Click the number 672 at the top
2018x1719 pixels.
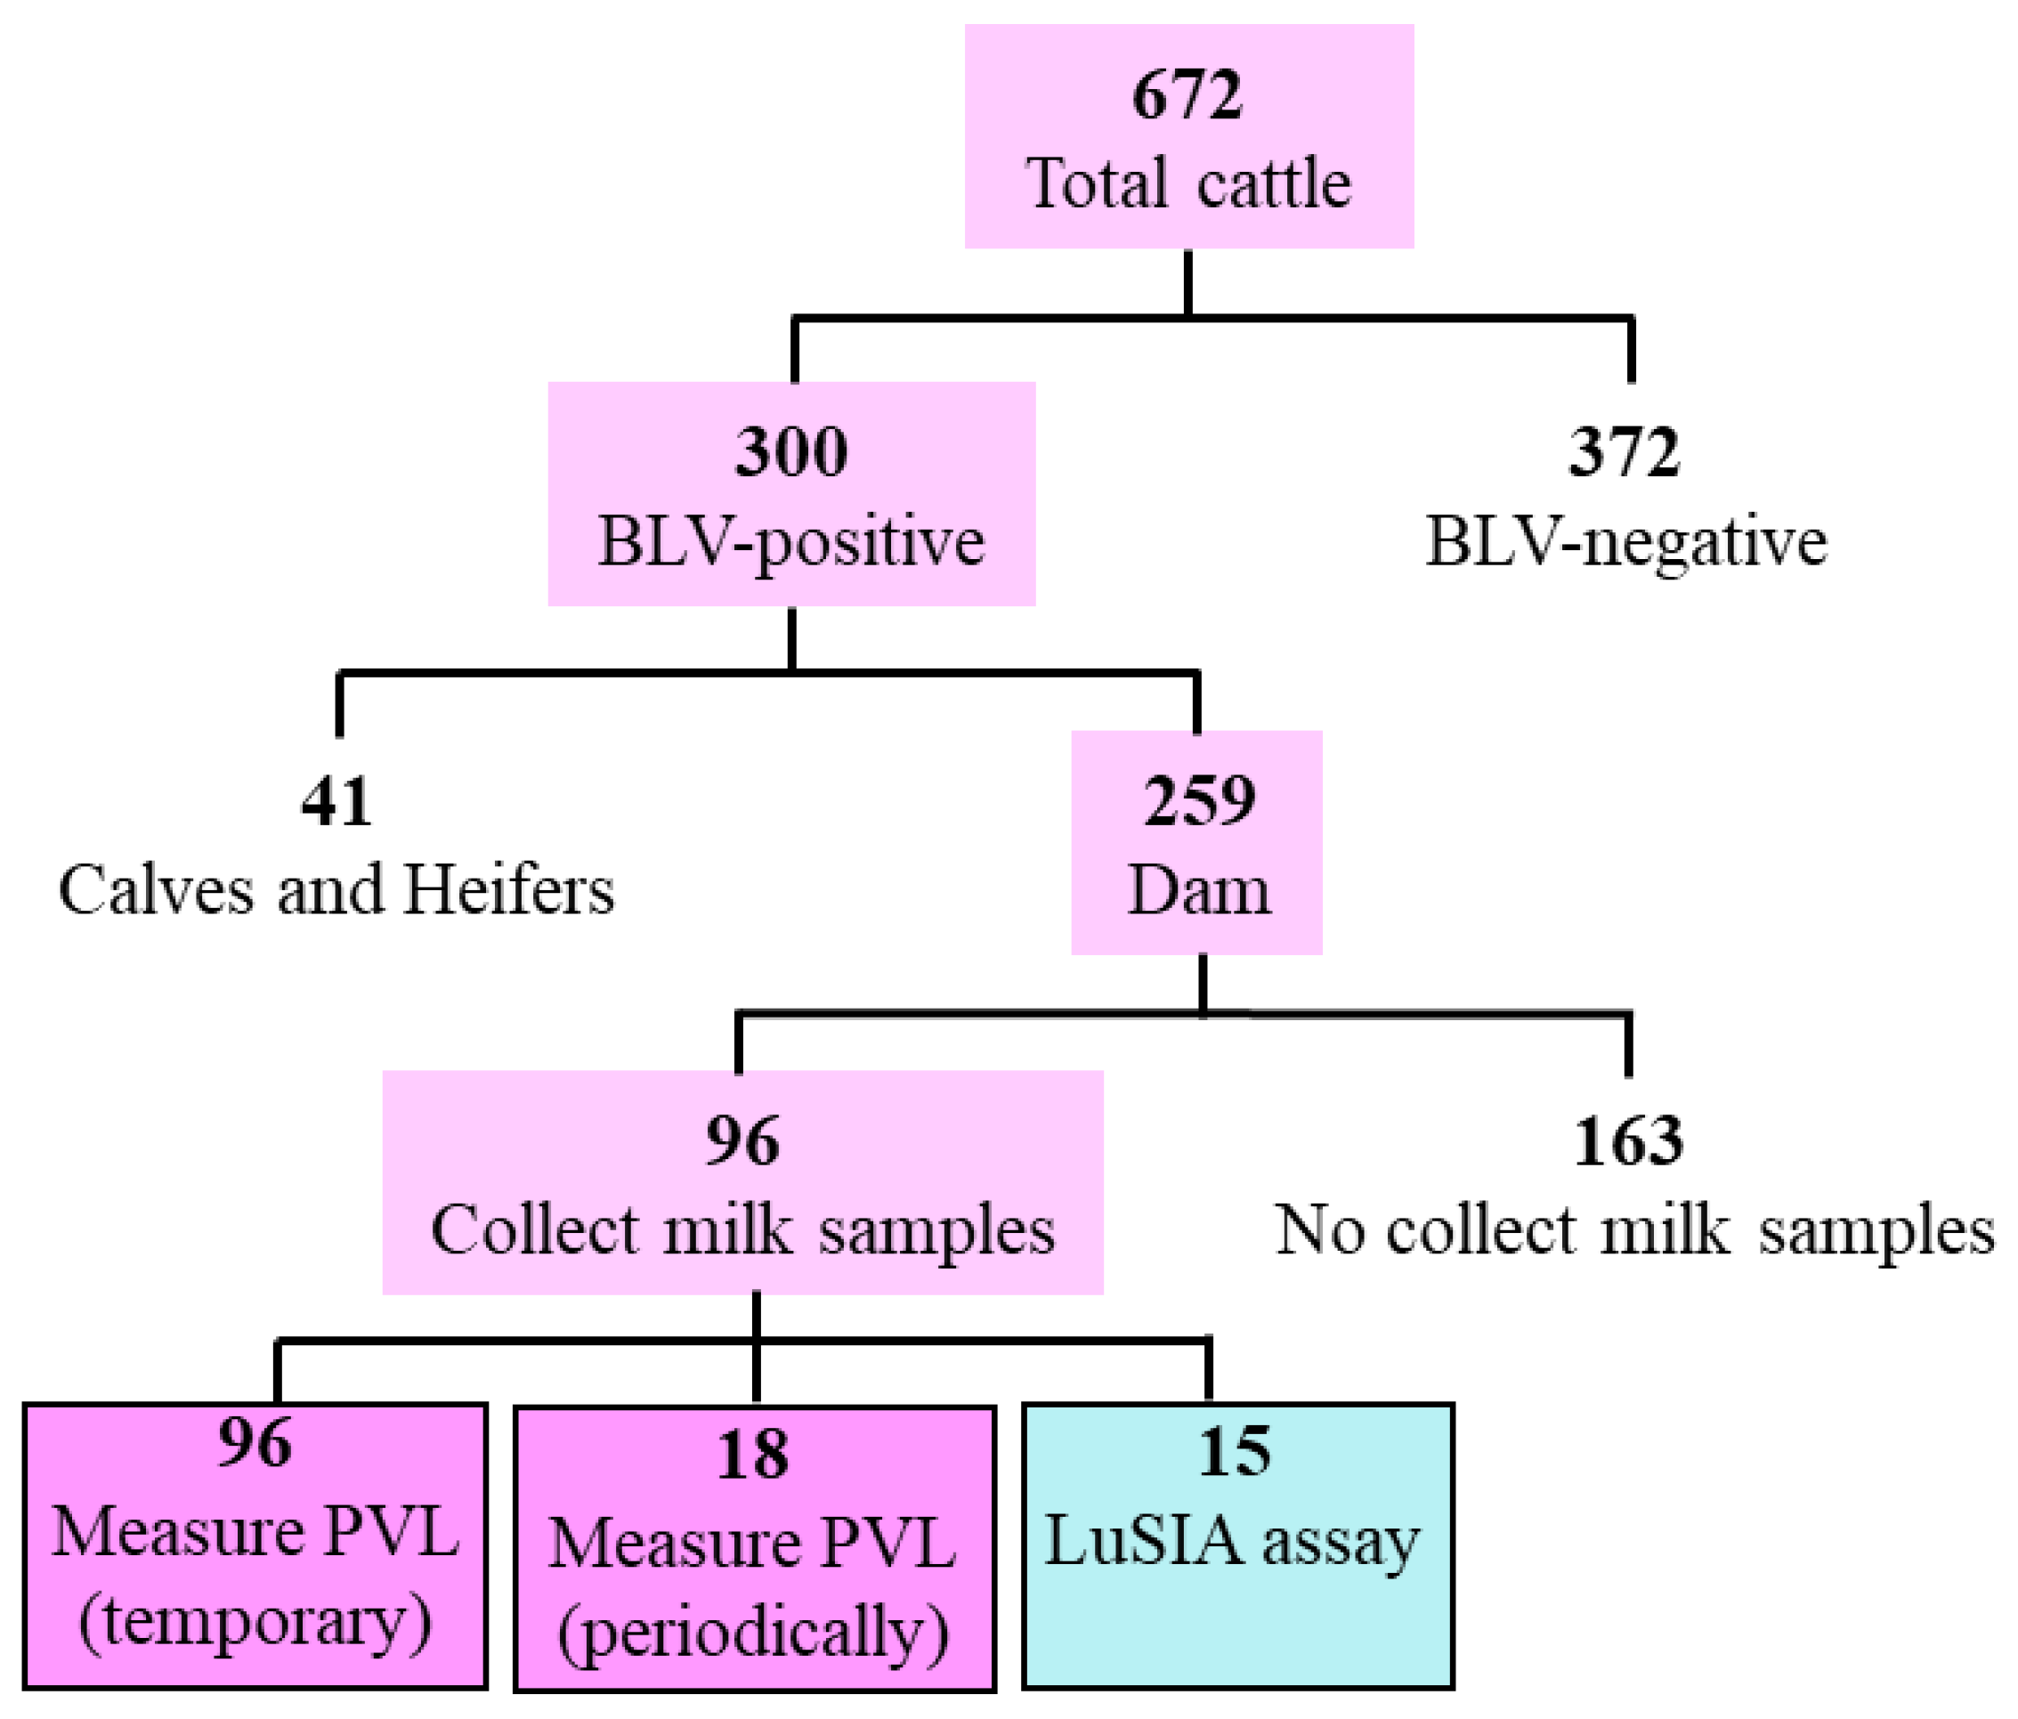click(x=1187, y=95)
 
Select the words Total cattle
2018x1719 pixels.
click(x=1188, y=184)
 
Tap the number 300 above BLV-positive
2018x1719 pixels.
click(x=790, y=452)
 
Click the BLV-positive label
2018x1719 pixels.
click(x=790, y=541)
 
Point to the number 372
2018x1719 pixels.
click(x=1624, y=452)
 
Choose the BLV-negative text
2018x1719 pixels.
click(x=1625, y=541)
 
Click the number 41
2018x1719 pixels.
click(x=336, y=800)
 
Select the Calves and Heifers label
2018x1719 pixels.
click(x=336, y=890)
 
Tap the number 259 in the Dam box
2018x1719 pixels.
click(x=1199, y=800)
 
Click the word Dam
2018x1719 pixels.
click(x=1199, y=890)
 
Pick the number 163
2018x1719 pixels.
click(x=1627, y=1140)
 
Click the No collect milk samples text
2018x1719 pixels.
click(x=1634, y=1230)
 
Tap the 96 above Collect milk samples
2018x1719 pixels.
click(x=742, y=1140)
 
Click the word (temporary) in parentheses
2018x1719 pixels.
click(x=255, y=1622)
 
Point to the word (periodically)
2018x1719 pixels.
click(x=753, y=1634)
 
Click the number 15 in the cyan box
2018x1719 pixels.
click(x=1234, y=1452)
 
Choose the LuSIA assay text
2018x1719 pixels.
click(x=1232, y=1542)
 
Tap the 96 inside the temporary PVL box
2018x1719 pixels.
click(x=255, y=1442)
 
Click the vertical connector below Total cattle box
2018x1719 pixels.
click(x=1188, y=282)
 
